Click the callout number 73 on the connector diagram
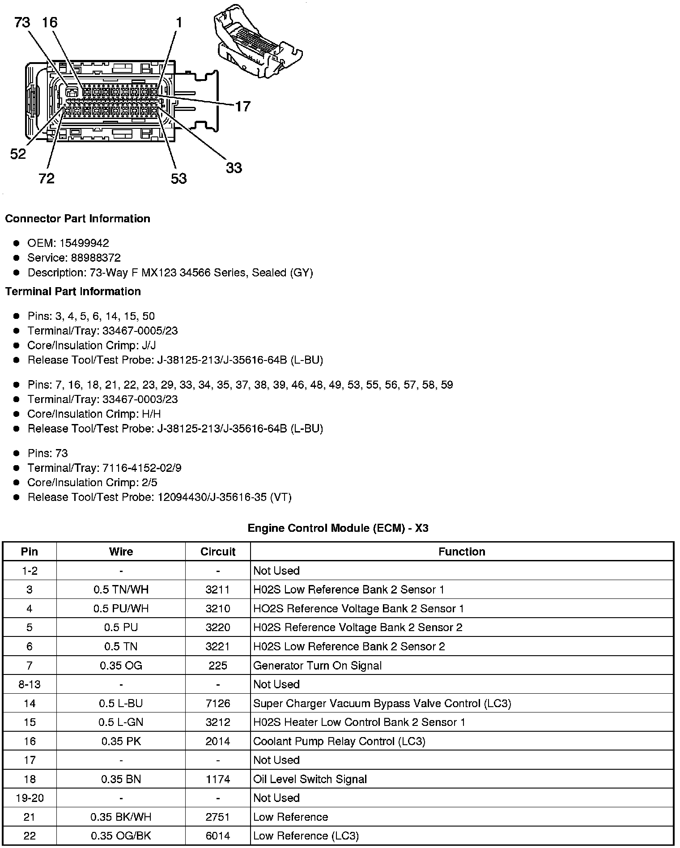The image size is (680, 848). click(22, 22)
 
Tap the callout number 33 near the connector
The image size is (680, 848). click(234, 168)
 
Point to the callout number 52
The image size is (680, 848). click(18, 154)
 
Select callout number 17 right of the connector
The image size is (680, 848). click(242, 106)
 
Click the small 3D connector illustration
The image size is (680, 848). click(258, 43)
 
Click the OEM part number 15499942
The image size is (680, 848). click(84, 243)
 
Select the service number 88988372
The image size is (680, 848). click(96, 258)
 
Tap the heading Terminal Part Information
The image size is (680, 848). click(73, 292)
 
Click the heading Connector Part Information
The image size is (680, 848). click(77, 219)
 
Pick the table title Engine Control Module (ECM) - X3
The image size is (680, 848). click(338, 528)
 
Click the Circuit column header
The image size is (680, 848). click(218, 551)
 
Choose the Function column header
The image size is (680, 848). click(462, 551)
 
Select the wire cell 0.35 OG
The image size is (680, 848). click(121, 666)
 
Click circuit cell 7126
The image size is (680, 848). click(218, 704)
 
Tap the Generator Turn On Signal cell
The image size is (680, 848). click(317, 666)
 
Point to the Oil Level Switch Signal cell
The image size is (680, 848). click(310, 779)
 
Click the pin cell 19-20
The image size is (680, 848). click(30, 798)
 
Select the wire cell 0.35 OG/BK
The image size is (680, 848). click(121, 836)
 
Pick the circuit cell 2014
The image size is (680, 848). click(218, 742)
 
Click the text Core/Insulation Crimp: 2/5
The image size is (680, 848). click(92, 483)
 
